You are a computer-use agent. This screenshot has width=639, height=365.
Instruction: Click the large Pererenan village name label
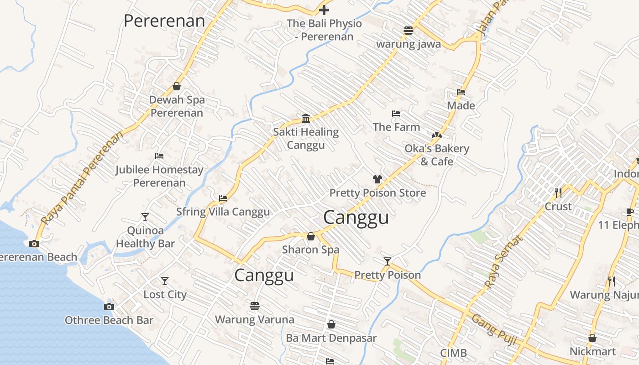point(164,21)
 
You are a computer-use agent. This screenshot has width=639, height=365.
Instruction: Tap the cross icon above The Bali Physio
point(324,10)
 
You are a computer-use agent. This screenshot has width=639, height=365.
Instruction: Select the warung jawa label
point(408,44)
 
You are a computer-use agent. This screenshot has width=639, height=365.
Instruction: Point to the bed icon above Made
point(461,92)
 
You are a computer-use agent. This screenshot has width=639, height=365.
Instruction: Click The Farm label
point(396,127)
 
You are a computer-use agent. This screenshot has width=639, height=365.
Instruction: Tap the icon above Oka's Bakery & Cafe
point(437,135)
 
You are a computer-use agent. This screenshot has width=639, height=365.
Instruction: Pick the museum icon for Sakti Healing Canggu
point(306,119)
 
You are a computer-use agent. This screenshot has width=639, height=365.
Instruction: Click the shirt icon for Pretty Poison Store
point(377,179)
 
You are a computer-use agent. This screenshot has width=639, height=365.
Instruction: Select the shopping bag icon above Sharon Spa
point(311,236)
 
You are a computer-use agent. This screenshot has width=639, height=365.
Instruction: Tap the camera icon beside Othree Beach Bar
point(109,307)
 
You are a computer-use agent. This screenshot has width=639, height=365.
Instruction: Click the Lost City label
point(165,294)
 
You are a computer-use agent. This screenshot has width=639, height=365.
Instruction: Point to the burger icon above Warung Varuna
point(255,305)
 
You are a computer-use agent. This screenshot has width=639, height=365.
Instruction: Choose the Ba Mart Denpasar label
point(331,338)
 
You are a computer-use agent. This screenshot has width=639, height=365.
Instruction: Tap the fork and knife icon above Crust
point(558,193)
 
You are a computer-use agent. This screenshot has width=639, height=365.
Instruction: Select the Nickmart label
point(592,352)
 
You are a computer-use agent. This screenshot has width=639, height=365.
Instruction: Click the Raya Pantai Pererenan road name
point(82,178)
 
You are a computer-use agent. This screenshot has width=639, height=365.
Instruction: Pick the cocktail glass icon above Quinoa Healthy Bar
point(145,217)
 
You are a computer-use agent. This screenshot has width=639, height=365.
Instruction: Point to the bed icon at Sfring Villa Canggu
point(223,198)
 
